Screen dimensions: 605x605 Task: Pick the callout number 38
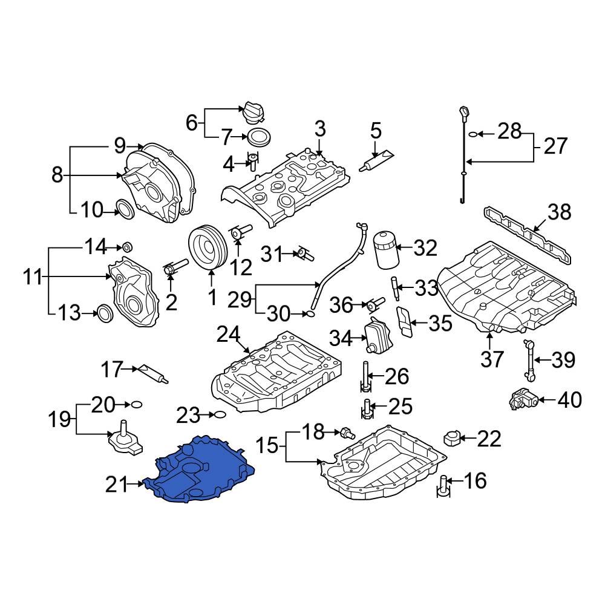point(559,213)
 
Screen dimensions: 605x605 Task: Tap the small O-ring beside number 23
point(221,415)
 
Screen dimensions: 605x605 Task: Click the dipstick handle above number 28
point(463,113)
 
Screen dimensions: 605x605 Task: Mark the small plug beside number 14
point(127,247)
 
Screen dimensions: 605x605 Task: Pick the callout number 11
point(33,278)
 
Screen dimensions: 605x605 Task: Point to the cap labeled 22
point(453,437)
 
